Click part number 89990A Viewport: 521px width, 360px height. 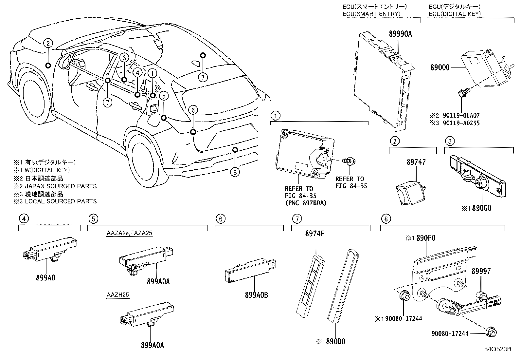pos(400,34)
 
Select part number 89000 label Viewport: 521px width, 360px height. pos(440,68)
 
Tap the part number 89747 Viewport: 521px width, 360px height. pos(416,162)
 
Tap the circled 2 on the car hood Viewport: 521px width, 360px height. pos(48,43)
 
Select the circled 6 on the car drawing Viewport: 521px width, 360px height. pos(193,110)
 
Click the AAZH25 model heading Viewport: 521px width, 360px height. pos(117,295)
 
